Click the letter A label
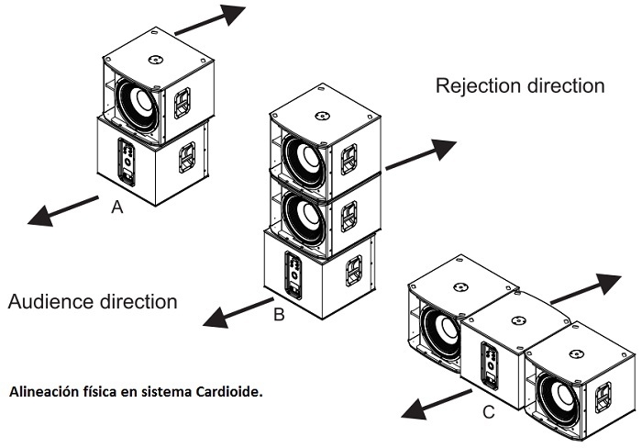[117, 208]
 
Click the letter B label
[279, 316]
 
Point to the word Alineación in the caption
[47, 392]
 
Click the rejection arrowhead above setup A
[233, 14]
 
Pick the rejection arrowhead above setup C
[606, 279]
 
